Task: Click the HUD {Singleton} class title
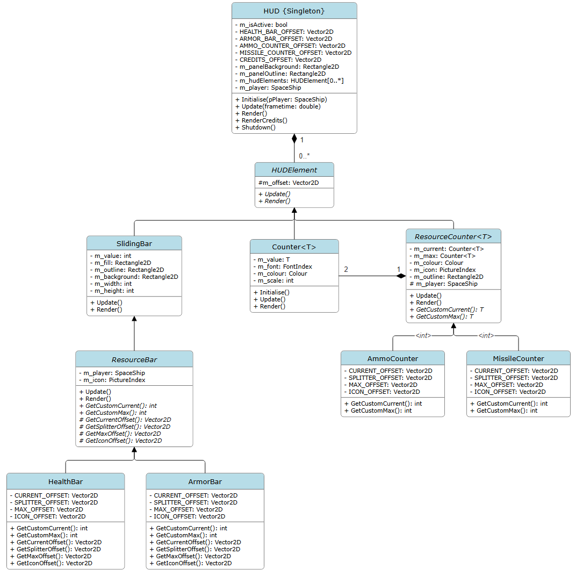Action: click(x=294, y=11)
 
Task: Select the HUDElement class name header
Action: click(x=294, y=170)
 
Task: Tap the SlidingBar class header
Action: click(x=134, y=243)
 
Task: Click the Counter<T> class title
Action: click(x=294, y=247)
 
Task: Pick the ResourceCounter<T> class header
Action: click(x=453, y=236)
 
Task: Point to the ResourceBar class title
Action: click(x=134, y=359)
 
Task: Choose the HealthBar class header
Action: click(x=66, y=481)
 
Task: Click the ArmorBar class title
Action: click(x=205, y=481)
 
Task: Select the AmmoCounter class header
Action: click(x=392, y=358)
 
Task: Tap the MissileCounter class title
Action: click(x=518, y=358)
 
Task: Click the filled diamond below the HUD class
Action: click(x=294, y=139)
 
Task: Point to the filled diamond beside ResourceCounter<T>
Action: click(x=400, y=276)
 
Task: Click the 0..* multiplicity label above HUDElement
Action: click(x=304, y=156)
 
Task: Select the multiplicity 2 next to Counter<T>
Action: click(x=346, y=269)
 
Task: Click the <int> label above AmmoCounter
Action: click(x=423, y=336)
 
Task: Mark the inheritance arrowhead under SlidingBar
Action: click(x=134, y=319)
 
